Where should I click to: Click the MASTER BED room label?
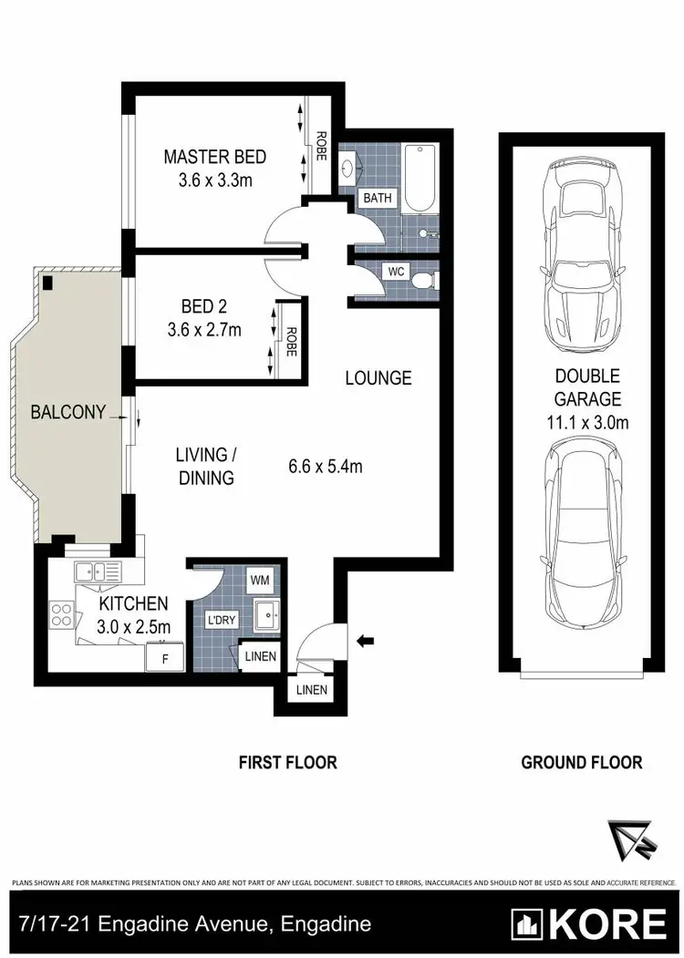tap(215, 157)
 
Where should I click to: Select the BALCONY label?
tap(69, 412)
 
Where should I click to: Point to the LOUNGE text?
tap(378, 377)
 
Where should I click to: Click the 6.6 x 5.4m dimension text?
tap(325, 467)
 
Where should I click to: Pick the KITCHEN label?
tap(133, 603)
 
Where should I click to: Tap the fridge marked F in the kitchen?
tap(165, 656)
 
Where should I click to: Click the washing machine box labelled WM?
tap(260, 580)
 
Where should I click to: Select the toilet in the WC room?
tap(423, 280)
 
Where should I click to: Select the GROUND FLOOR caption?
tap(581, 762)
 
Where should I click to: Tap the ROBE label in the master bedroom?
tap(321, 147)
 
